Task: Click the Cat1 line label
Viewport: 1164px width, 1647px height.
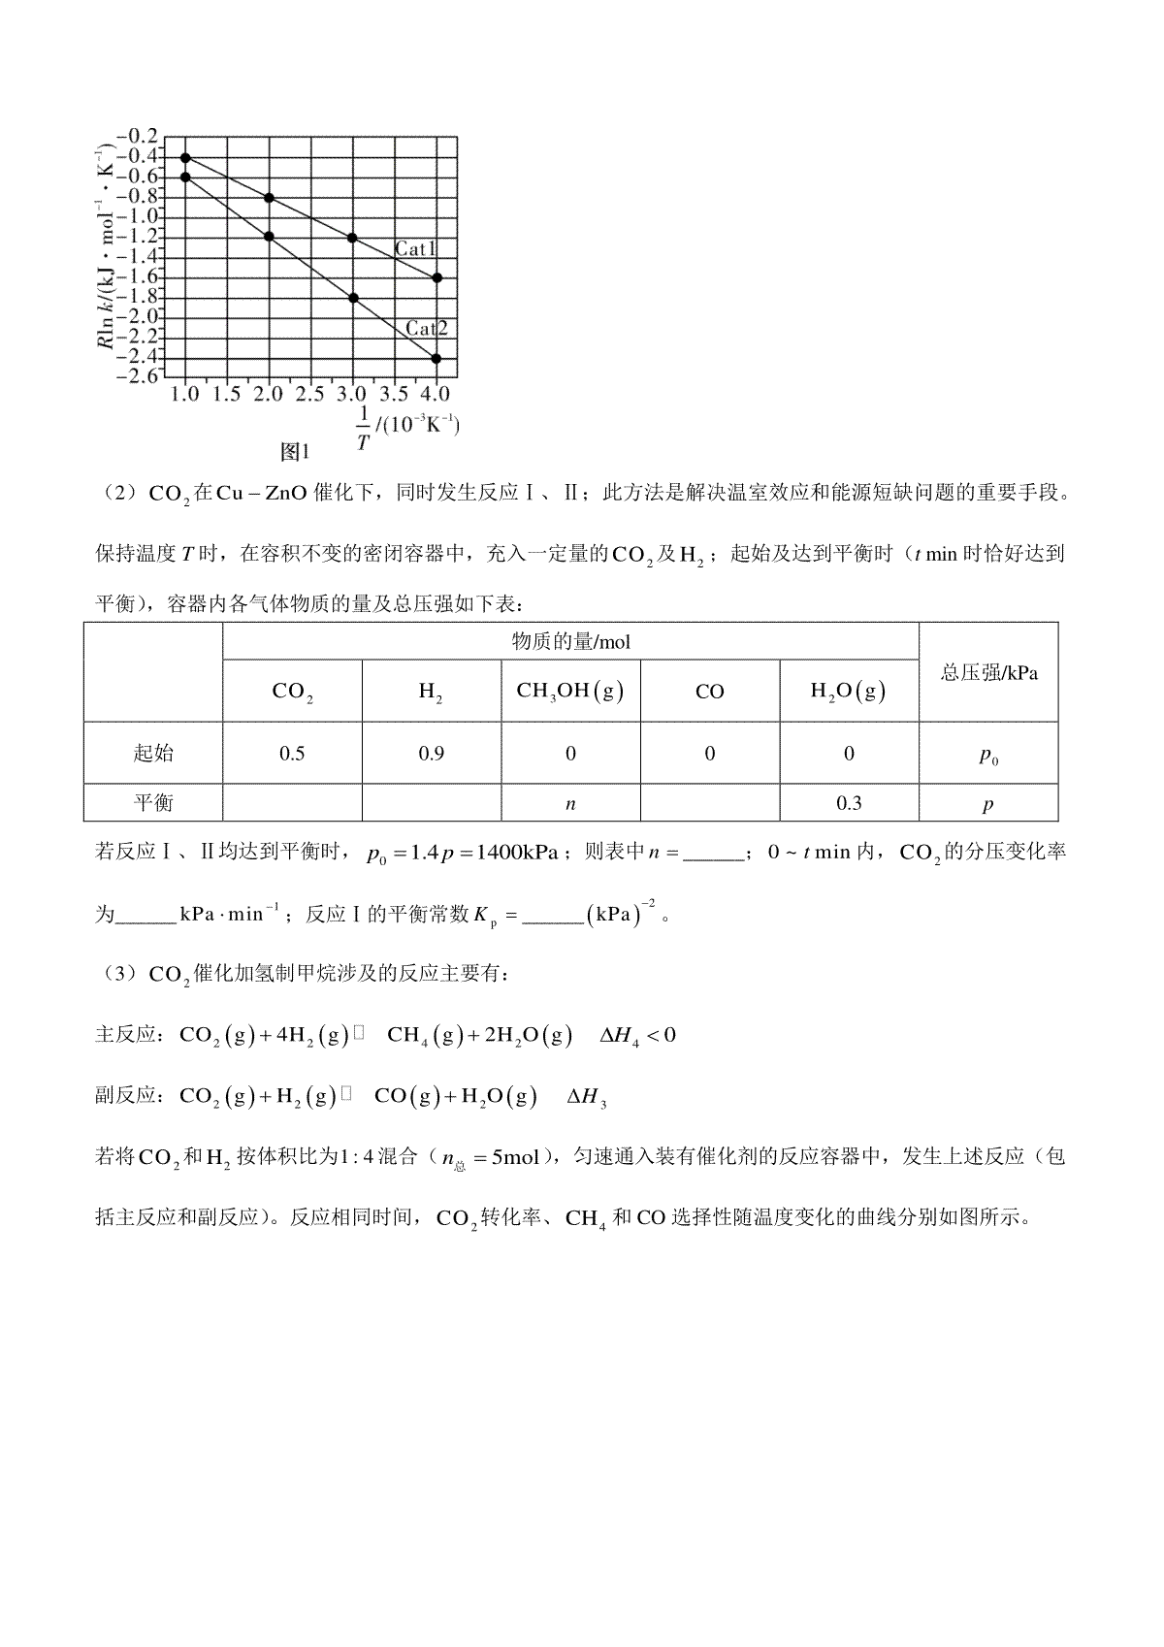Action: (x=415, y=249)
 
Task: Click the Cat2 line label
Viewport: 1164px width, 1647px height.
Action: (x=427, y=329)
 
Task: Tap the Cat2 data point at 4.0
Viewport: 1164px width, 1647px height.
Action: (x=436, y=359)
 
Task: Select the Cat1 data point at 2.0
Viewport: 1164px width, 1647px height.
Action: (x=269, y=198)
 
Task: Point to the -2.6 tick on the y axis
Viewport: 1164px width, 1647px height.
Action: (x=137, y=376)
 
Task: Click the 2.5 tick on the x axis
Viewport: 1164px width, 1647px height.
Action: (x=309, y=395)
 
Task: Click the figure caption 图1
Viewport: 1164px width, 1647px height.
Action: (x=294, y=451)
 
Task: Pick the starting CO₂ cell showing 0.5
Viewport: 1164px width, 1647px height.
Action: (x=292, y=754)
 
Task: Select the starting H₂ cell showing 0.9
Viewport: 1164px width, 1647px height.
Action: (x=431, y=754)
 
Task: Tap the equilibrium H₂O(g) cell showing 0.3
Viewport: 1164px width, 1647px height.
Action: (x=849, y=803)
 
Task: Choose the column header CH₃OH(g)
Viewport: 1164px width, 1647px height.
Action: (x=570, y=692)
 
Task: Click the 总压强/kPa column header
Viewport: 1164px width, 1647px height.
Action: (x=988, y=672)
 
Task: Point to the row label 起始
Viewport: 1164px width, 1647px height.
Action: (x=153, y=754)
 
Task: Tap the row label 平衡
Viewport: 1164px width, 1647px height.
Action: (x=153, y=803)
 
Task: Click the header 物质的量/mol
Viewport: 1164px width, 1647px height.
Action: (x=570, y=641)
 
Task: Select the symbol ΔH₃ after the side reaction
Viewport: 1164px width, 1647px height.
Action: (x=587, y=1097)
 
